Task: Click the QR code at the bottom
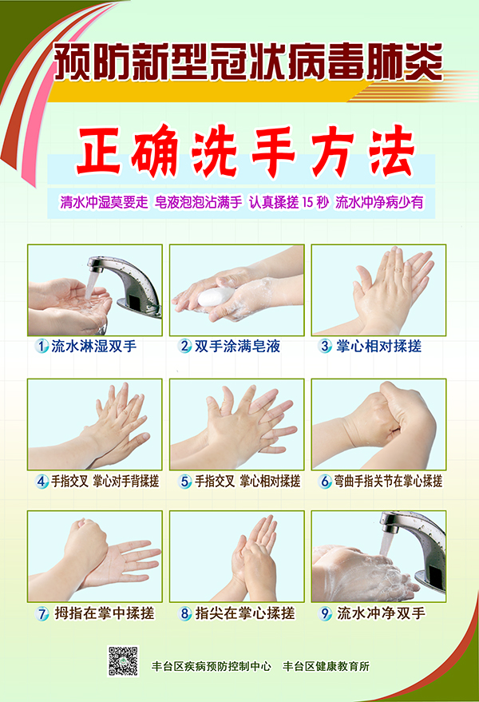[123, 660]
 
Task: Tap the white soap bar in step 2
[216, 297]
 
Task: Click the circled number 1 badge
[42, 346]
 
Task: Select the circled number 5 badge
[185, 482]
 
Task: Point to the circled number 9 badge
[326, 613]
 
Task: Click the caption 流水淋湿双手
[94, 346]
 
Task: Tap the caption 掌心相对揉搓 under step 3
[378, 346]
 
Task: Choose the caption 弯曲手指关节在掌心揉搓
[388, 482]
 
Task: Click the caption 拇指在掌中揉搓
[105, 613]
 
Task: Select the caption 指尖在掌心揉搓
[245, 613]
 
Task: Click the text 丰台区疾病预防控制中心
[212, 667]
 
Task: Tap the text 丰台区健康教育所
[326, 667]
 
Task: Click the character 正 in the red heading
[98, 151]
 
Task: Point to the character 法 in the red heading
[392, 151]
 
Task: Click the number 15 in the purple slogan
[308, 202]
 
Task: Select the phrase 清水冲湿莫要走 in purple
[104, 202]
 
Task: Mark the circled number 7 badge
[42, 613]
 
